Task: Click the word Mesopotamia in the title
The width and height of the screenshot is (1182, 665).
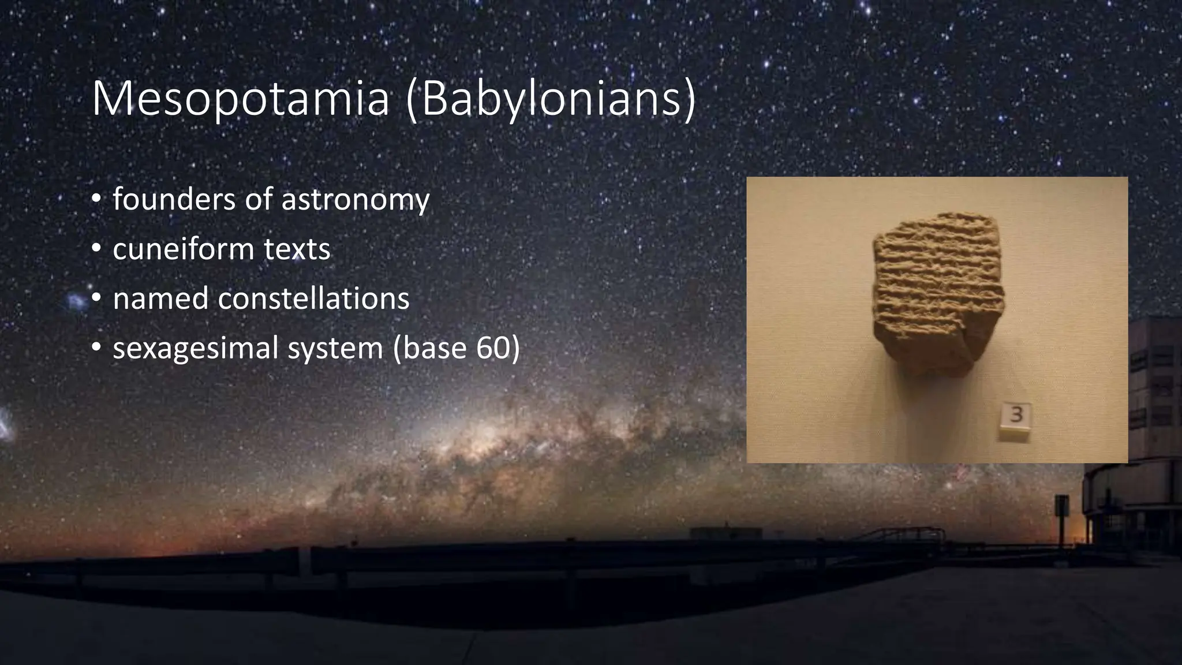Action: tap(240, 99)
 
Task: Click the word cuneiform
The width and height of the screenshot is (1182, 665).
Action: tap(183, 249)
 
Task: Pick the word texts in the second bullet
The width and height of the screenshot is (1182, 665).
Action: tap(297, 249)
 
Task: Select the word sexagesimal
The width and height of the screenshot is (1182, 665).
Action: tap(196, 349)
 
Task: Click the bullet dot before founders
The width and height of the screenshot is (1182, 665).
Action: tap(96, 200)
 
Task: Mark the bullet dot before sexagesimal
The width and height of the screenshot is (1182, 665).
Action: tap(96, 349)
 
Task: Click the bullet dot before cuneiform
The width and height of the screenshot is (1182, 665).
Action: tap(96, 250)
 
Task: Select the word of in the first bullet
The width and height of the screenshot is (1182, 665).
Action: tap(258, 199)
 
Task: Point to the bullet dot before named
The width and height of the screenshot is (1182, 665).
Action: tap(96, 299)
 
